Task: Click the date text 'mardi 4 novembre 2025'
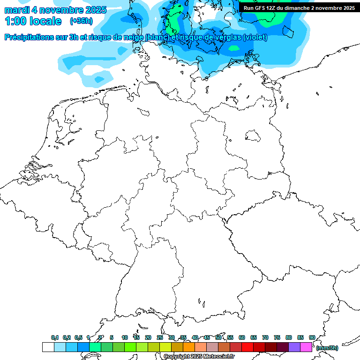pyautogui.click(x=55, y=10)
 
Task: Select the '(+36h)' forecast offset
pyautogui.click(x=81, y=21)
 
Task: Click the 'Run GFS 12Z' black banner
pyautogui.click(x=299, y=7)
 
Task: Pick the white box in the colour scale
pyautogui.click(x=48, y=347)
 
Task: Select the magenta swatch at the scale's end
pyautogui.click(x=306, y=347)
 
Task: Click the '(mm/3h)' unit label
pyautogui.click(x=327, y=348)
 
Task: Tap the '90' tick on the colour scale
pyautogui.click(x=312, y=337)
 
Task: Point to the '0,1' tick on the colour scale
pyautogui.click(x=55, y=337)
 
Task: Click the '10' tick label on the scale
pyautogui.click(x=125, y=337)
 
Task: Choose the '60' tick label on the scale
pyautogui.click(x=242, y=337)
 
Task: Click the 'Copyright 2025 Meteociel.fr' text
pyautogui.click(x=199, y=356)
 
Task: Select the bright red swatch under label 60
pyautogui.click(x=247, y=347)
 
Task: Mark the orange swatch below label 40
pyautogui.click(x=189, y=347)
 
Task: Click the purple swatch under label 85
pyautogui.click(x=294, y=347)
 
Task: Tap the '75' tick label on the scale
pyautogui.click(x=277, y=337)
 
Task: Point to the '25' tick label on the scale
pyautogui.click(x=160, y=337)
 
